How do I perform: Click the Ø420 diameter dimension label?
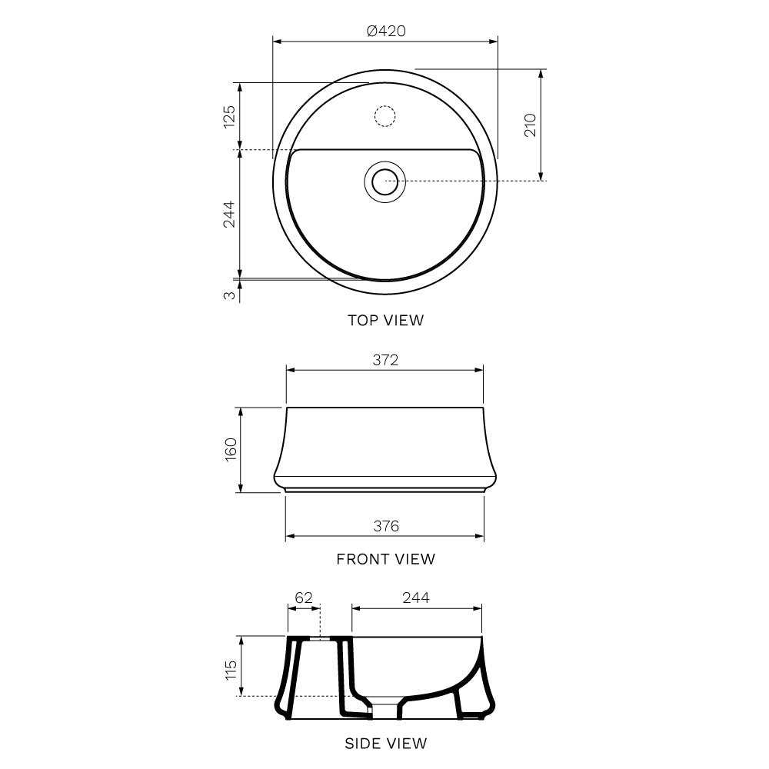click(386, 32)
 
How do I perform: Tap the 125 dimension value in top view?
click(228, 117)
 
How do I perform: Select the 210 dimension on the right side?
click(530, 125)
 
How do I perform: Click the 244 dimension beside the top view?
click(228, 214)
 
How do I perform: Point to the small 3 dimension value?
click(229, 295)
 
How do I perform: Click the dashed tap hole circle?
click(384, 116)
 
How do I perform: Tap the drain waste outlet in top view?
click(384, 181)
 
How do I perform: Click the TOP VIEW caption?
click(385, 321)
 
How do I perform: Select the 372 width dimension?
click(385, 360)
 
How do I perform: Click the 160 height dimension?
click(229, 450)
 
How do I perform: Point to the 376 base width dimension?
click(386, 526)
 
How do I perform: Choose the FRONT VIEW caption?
click(385, 559)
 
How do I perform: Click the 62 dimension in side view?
click(304, 598)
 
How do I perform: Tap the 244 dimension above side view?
click(416, 598)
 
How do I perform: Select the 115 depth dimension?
click(229, 666)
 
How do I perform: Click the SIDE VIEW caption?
click(385, 744)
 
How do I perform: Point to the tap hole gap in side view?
click(320, 638)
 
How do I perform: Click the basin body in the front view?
click(384, 446)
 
